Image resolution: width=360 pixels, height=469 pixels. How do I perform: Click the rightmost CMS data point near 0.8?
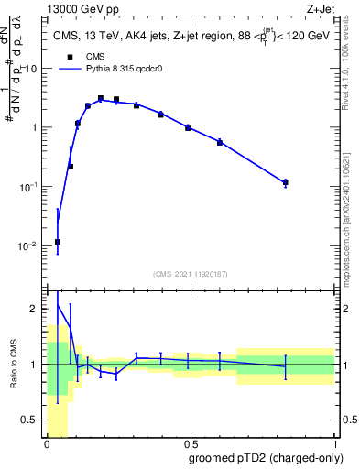pos(286,182)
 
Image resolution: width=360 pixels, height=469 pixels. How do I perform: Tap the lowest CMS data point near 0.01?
pos(58,242)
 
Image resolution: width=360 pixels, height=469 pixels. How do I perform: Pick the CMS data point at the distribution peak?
pos(101,98)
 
